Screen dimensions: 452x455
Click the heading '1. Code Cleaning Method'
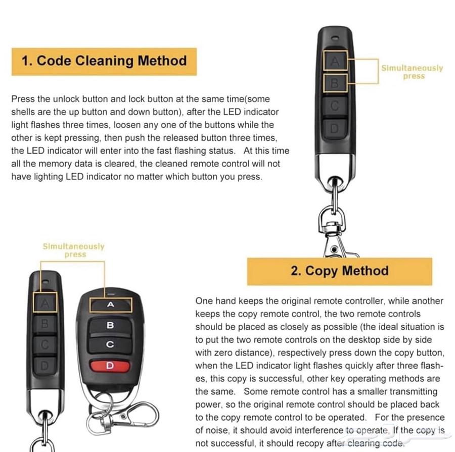(104, 61)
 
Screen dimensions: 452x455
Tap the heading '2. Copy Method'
(339, 271)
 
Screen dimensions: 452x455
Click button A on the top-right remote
(335, 61)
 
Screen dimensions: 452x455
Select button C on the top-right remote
(335, 106)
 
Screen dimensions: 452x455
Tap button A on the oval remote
(111, 305)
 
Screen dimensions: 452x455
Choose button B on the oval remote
(110, 325)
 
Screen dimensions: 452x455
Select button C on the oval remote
(110, 345)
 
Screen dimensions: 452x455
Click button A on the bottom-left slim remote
(45, 303)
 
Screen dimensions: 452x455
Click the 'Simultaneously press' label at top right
(412, 72)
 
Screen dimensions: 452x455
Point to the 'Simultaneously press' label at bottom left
(74, 250)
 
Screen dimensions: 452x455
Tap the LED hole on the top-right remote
(335, 38)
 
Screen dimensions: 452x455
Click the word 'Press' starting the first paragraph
(21, 99)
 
